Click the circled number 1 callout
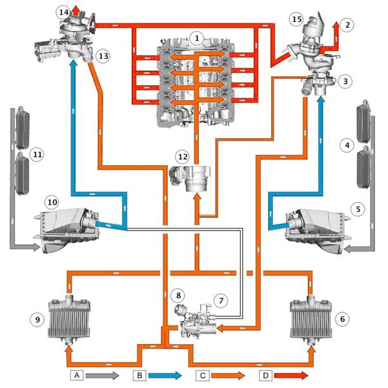tap(197, 38)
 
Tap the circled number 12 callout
tap(182, 157)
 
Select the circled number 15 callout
tap(297, 19)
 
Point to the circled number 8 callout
tap(178, 295)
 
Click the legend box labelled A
tap(77, 375)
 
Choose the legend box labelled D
tap(265, 375)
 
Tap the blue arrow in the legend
tap(165, 375)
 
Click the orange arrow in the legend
tap(228, 375)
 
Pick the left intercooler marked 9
tap(69, 319)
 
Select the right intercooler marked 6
tap(311, 319)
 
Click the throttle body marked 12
tap(190, 178)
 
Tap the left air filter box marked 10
tap(66, 230)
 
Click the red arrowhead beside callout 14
tap(76, 11)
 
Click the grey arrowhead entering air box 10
tap(36, 247)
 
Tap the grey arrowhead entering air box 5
tap(347, 249)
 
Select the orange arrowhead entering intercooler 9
tap(69, 350)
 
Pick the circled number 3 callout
tap(345, 81)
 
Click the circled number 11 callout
tap(37, 155)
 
